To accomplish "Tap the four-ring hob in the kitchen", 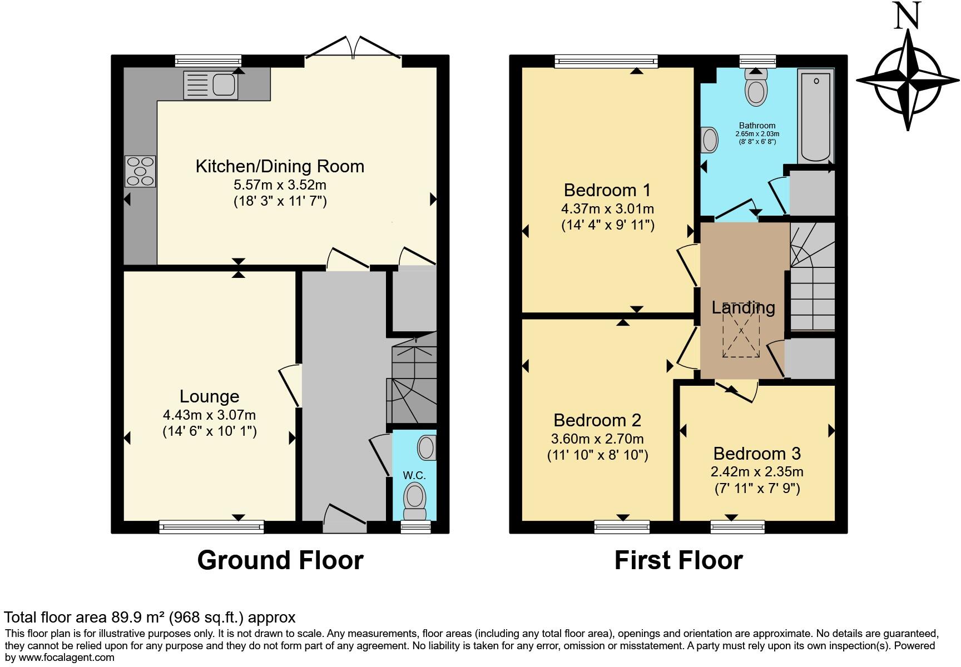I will click(x=140, y=171).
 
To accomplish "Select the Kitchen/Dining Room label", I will click(x=280, y=166).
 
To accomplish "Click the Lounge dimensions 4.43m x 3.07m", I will click(x=209, y=415).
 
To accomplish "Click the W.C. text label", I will click(x=414, y=475).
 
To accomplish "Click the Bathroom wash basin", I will click(x=710, y=140).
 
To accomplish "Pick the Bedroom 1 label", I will click(x=607, y=190).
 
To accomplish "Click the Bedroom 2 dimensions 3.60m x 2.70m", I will click(x=597, y=439).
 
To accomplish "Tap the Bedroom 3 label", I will click(x=757, y=454).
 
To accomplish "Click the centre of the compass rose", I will click(x=908, y=81).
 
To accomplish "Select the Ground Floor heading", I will click(x=280, y=560).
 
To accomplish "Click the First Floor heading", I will click(x=678, y=560).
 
